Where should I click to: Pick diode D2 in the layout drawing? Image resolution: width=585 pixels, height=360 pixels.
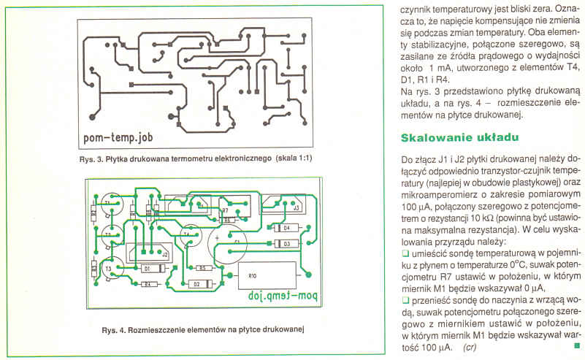click(x=196, y=283)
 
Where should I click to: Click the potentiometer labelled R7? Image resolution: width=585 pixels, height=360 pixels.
click(x=226, y=210)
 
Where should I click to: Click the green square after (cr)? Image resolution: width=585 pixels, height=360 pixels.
click(x=576, y=345)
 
